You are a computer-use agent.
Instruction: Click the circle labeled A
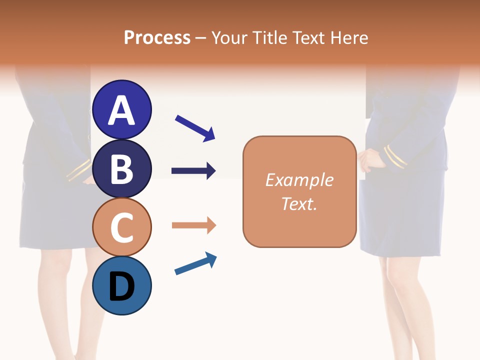tap(121, 109)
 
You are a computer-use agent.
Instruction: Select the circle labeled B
tap(121, 168)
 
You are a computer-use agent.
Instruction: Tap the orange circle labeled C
tap(121, 227)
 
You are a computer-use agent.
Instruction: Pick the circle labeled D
tap(121, 285)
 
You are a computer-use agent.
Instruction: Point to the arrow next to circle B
tap(193, 171)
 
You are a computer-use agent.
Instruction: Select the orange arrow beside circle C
tap(193, 225)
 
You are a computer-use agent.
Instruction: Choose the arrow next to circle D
tap(195, 264)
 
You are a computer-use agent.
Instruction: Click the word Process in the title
tap(157, 37)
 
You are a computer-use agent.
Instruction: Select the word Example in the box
tap(299, 180)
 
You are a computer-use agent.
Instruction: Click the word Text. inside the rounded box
tap(299, 203)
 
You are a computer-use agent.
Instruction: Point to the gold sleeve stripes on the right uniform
tap(395, 156)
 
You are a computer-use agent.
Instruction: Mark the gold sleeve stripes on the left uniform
tap(78, 170)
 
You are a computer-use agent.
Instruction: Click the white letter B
tap(121, 168)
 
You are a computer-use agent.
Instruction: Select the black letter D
tap(121, 286)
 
